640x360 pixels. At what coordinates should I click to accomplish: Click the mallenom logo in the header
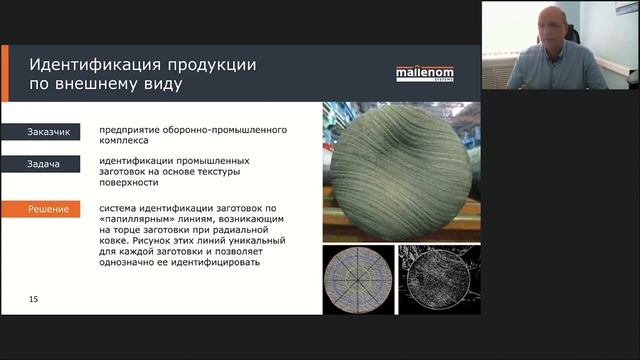pyautogui.click(x=424, y=71)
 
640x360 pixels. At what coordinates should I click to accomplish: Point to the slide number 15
pyautogui.click(x=34, y=299)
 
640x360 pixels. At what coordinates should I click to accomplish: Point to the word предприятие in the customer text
pyautogui.click(x=131, y=130)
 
